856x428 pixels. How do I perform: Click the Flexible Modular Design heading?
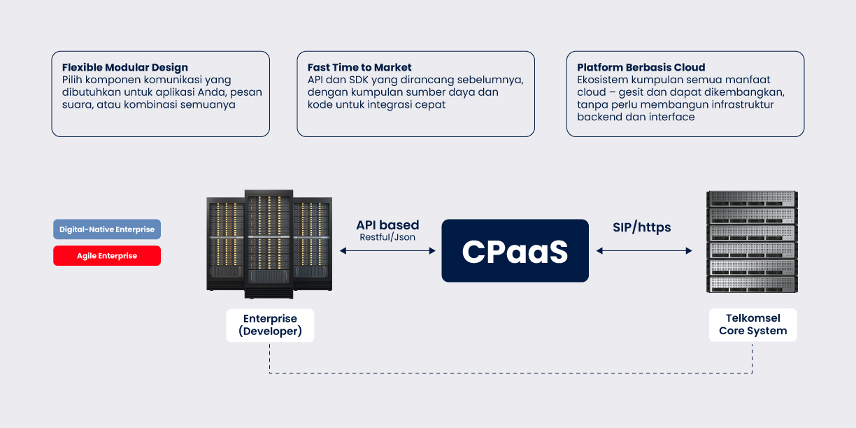[125, 68]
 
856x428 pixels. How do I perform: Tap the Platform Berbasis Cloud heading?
[641, 68]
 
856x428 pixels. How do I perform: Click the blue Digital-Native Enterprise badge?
[107, 229]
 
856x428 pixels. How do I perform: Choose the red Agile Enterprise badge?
[107, 256]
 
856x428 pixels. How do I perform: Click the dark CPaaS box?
[515, 251]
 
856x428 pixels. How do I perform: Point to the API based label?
[387, 225]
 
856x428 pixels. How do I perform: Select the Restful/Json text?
[387, 238]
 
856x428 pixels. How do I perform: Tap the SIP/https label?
[641, 227]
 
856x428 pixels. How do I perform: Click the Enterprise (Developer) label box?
[270, 325]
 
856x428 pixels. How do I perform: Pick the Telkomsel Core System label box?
[752, 325]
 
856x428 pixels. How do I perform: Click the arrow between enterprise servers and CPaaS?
[387, 250]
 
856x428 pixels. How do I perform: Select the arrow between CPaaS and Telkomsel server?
[644, 250]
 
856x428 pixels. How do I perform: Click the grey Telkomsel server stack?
[752, 241]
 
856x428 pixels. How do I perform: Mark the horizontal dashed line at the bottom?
[511, 373]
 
